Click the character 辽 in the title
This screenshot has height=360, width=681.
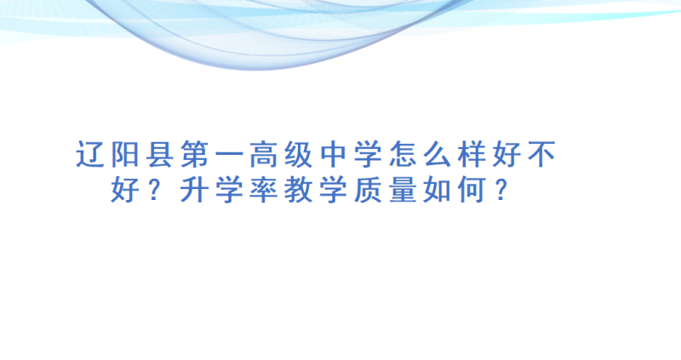tap(90, 154)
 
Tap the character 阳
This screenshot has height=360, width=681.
tap(125, 154)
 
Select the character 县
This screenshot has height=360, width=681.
tap(160, 154)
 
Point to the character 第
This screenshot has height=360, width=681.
tap(195, 154)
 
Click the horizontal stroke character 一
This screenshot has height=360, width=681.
tap(229, 155)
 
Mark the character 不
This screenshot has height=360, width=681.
tap(542, 154)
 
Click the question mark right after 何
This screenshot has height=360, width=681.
tap(501, 190)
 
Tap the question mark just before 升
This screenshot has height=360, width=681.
tap(155, 190)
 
